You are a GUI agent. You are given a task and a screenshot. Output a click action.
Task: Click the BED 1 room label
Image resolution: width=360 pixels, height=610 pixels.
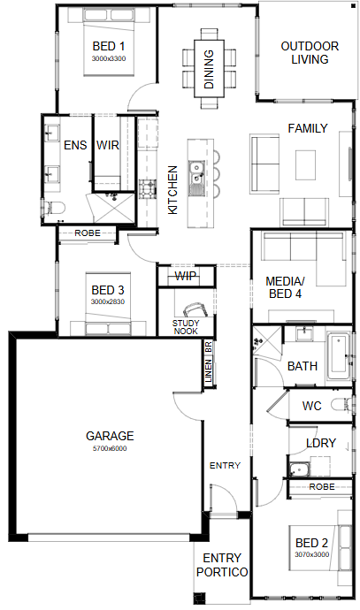click(109, 46)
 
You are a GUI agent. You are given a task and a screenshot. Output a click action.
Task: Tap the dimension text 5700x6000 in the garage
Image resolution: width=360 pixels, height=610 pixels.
click(110, 448)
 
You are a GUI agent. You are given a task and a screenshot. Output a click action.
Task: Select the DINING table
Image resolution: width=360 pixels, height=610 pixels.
click(210, 69)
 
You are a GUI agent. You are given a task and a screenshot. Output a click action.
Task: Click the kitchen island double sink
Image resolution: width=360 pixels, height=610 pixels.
click(196, 173)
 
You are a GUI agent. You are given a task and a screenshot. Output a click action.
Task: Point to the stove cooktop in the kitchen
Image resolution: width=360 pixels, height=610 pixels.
click(148, 189)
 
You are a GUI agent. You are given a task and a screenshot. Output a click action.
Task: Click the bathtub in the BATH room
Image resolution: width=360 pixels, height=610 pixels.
click(338, 357)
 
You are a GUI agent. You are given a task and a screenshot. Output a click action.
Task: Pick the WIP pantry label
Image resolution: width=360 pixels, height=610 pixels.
click(186, 276)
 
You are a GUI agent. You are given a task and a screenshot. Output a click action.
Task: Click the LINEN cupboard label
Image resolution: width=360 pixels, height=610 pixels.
click(208, 370)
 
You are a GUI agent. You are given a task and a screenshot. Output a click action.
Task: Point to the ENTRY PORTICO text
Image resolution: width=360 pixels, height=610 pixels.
click(222, 565)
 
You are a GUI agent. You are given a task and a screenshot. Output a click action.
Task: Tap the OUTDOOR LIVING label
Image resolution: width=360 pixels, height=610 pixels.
click(310, 52)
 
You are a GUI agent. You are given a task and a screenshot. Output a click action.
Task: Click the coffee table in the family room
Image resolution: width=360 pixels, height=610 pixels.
click(305, 165)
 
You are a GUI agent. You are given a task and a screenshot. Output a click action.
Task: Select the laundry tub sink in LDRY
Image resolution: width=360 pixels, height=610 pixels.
click(299, 470)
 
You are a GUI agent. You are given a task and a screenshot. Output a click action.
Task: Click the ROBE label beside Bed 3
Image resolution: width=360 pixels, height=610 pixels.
click(88, 233)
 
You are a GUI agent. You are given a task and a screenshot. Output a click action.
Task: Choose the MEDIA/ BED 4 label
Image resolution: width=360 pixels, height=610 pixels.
click(286, 287)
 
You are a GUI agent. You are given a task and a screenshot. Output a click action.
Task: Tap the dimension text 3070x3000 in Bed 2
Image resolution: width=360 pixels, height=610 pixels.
click(311, 554)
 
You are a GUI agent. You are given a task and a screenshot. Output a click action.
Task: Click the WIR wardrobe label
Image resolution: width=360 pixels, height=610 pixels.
click(108, 145)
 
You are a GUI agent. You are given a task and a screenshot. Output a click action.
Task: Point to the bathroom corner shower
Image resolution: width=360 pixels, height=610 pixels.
click(267, 340)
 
